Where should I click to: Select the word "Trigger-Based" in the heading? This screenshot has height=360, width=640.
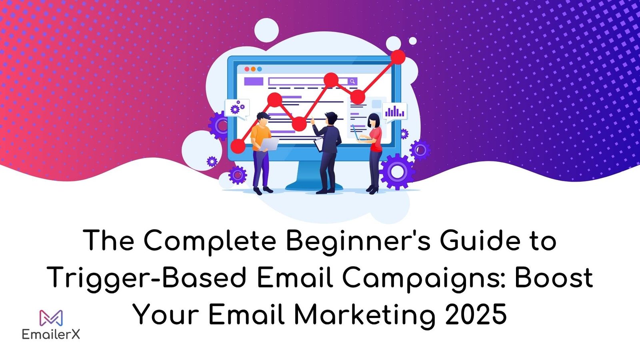point(146,278)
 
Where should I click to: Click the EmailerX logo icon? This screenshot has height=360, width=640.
point(51,318)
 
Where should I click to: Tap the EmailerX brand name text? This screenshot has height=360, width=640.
point(51,334)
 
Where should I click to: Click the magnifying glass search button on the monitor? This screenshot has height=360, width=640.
point(352,82)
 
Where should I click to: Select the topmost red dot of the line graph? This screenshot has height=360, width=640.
point(398,57)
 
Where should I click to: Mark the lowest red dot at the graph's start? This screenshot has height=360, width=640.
point(238,146)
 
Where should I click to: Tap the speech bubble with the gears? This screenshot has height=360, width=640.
point(237,108)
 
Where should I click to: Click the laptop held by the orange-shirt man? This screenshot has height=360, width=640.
point(270,144)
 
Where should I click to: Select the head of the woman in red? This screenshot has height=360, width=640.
point(373,120)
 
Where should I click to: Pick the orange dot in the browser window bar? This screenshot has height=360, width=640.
point(253,69)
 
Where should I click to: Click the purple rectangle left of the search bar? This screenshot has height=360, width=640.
point(254,82)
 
